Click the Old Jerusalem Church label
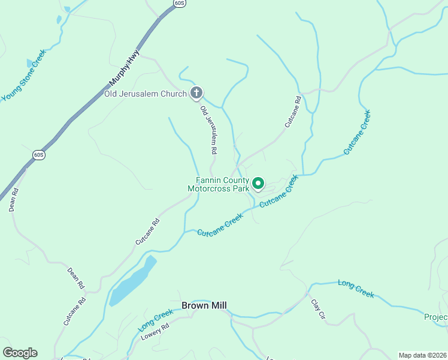tap(146, 93)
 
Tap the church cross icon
tap(196, 92)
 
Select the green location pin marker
tap(258, 183)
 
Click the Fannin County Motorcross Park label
tap(218, 184)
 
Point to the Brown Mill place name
tap(204, 305)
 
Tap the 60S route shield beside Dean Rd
tap(38, 155)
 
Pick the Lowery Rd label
tap(156, 332)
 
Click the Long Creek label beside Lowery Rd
tap(155, 322)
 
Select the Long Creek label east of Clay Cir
tap(356, 289)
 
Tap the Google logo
tap(20, 353)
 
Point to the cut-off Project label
tap(435, 317)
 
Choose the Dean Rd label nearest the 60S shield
tap(13, 200)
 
